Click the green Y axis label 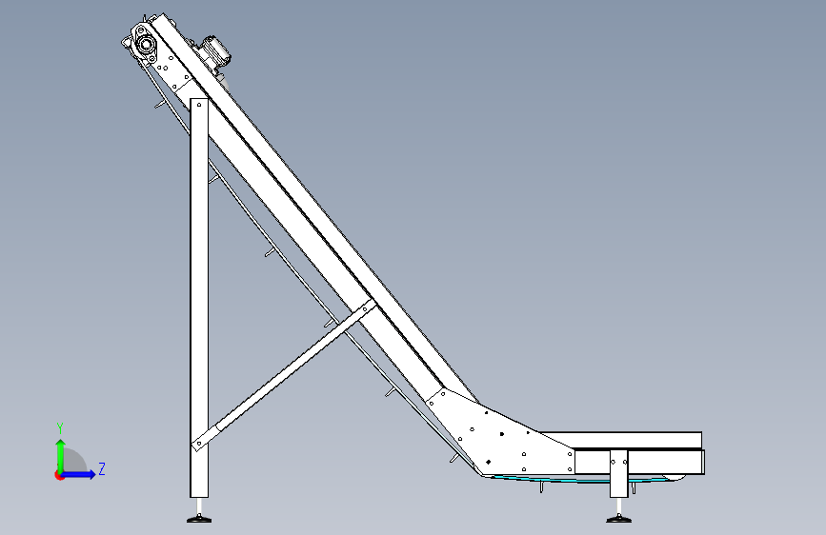click(x=60, y=428)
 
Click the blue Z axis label click(x=102, y=468)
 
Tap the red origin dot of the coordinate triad click(x=59, y=475)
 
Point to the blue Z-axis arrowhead click(x=91, y=474)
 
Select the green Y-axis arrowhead click(x=61, y=444)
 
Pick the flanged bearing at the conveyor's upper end click(x=144, y=44)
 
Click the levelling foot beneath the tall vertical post click(x=199, y=519)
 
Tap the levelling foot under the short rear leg click(x=618, y=519)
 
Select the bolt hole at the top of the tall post click(x=199, y=105)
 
